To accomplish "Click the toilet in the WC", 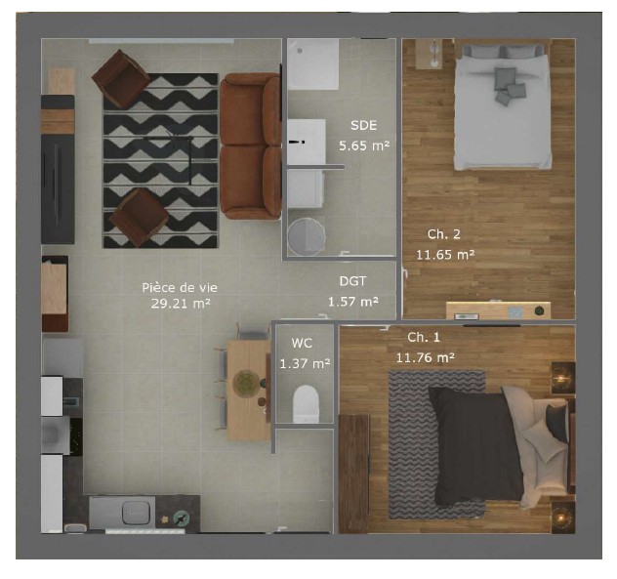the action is coord(306,404).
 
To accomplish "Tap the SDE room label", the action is coord(363,125).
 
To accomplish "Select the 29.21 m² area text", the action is coord(181,304).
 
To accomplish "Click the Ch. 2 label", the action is coord(444,234).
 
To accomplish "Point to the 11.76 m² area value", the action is coord(426,357).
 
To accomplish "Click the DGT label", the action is coord(352,281).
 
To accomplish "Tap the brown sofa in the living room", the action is coord(251,146).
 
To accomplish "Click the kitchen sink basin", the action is coord(136,513).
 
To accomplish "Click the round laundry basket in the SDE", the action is coord(307,237).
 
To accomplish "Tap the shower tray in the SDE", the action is coord(312,63).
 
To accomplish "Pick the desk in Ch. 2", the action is coord(498,310).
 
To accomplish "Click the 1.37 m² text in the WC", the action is coord(305,363).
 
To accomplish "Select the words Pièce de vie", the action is coord(180,288).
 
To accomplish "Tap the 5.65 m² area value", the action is coord(364,145).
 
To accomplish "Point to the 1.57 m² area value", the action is coord(353,302).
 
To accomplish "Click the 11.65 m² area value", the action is coord(445,255).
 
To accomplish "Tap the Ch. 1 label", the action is coord(424,337).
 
